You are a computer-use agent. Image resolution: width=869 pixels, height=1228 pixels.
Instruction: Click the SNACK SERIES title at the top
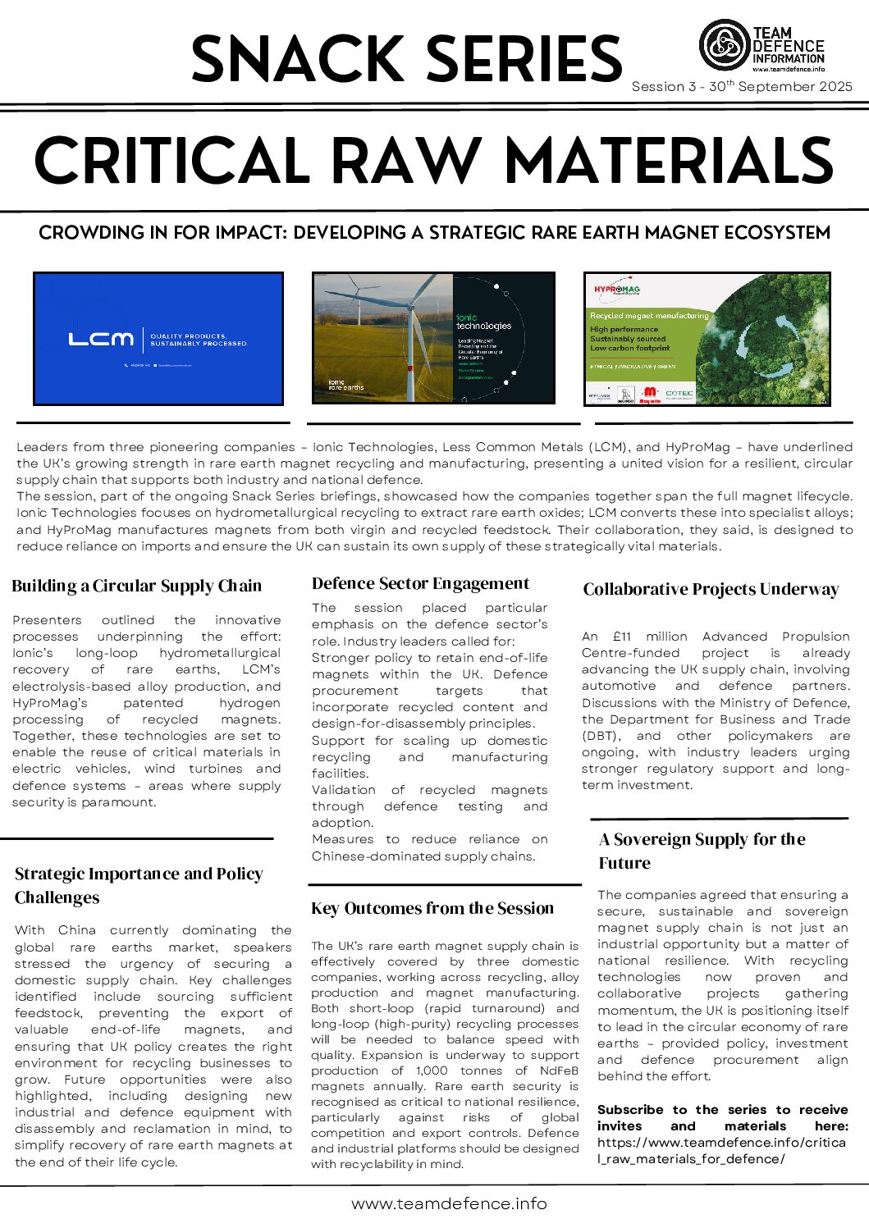(406, 59)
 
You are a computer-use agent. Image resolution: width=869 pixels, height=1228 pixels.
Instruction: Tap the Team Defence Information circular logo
(725, 45)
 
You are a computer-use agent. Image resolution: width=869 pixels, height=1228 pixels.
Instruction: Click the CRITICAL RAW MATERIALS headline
(434, 161)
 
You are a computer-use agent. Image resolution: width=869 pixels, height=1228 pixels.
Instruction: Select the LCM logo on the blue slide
(100, 339)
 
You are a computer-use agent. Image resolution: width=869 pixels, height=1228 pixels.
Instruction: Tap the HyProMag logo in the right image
(617, 290)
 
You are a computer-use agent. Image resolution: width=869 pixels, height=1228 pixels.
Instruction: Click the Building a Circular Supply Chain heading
(137, 586)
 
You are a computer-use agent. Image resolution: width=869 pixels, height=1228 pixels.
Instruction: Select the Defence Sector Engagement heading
(420, 583)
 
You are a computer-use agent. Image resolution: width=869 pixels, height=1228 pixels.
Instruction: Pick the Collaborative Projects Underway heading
(711, 589)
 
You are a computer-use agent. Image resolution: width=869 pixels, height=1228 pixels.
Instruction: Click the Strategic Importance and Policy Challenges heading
(139, 885)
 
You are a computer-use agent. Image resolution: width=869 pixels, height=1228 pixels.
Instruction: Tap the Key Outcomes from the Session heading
(432, 908)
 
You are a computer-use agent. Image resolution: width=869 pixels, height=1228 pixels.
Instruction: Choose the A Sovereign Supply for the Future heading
(702, 851)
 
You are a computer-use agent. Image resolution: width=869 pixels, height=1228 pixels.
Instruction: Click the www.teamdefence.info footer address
(449, 1203)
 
